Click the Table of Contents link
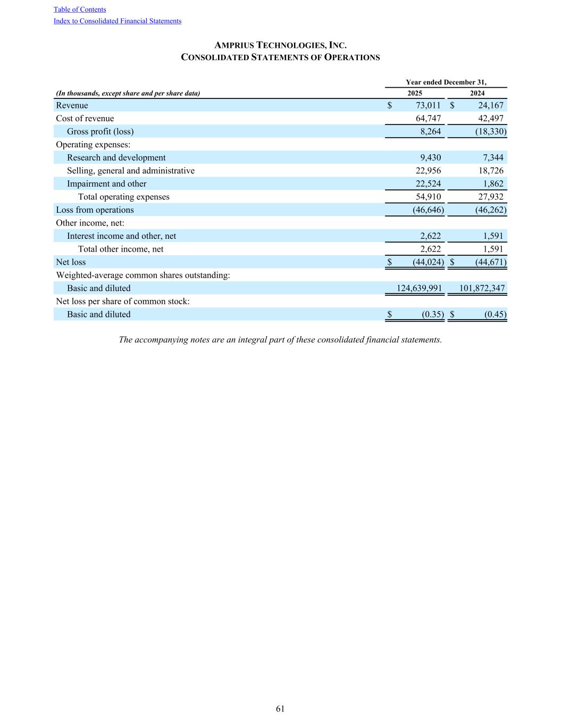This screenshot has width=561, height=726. click(x=80, y=10)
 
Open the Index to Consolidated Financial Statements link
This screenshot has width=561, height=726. click(x=118, y=21)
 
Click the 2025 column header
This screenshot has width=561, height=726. click(x=415, y=93)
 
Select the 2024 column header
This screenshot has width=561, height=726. click(x=477, y=93)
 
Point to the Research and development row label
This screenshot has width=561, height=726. click(x=116, y=157)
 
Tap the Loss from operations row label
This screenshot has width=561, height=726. click(x=95, y=210)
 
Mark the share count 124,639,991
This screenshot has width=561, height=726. click(x=420, y=288)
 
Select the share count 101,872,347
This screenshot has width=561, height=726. click(x=482, y=288)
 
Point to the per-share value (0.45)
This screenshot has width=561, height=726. click(x=495, y=314)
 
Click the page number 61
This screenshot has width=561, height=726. click(x=280, y=708)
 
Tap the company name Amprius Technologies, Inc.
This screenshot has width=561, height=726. click(x=280, y=46)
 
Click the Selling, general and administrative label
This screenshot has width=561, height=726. click(x=130, y=171)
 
